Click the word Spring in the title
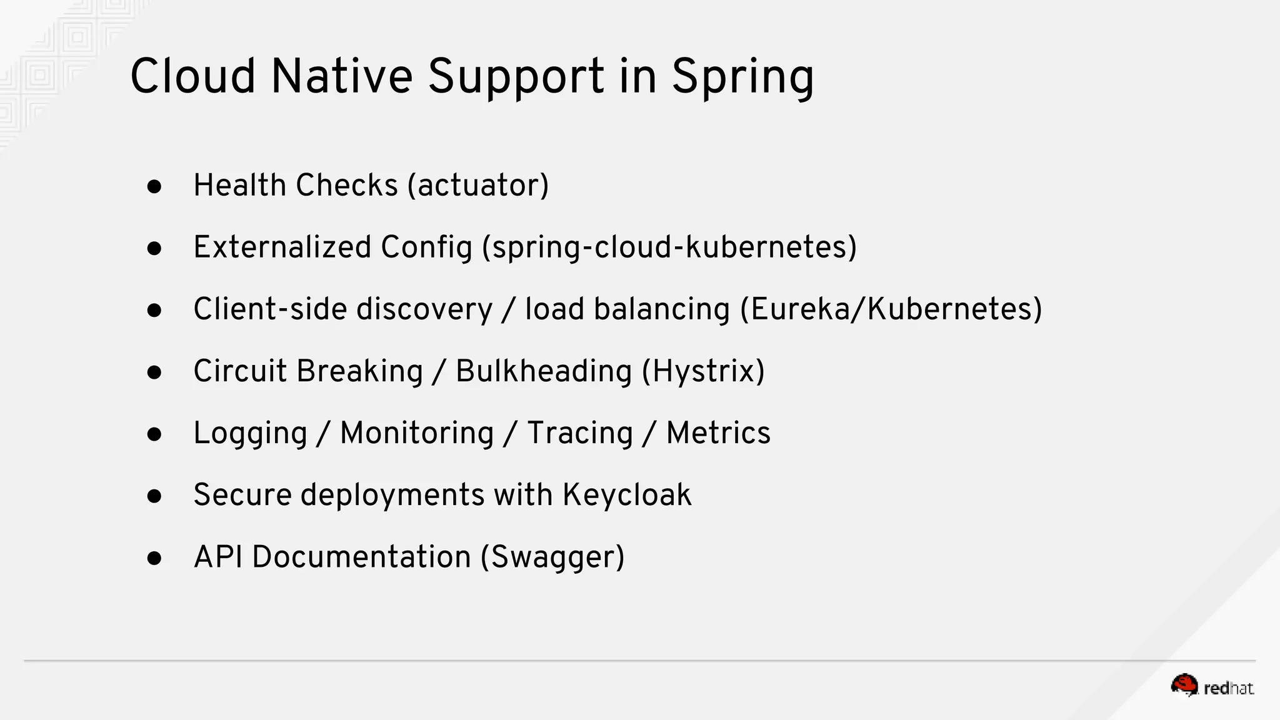[742, 77]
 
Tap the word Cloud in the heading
[192, 76]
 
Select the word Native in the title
[341, 76]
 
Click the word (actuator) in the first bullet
[478, 186]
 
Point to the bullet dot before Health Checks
[154, 186]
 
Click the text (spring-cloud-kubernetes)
[669, 247]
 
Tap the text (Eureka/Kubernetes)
[891, 309]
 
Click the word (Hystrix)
[703, 371]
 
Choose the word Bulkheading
[544, 371]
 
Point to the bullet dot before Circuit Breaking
[154, 372]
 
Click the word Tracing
[580, 433]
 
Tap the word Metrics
[718, 432]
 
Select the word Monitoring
[417, 433]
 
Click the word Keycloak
[627, 495]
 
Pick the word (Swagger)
[552, 557]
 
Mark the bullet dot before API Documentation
[154, 558]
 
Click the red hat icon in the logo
[1184, 686]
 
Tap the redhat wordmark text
[1228, 689]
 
